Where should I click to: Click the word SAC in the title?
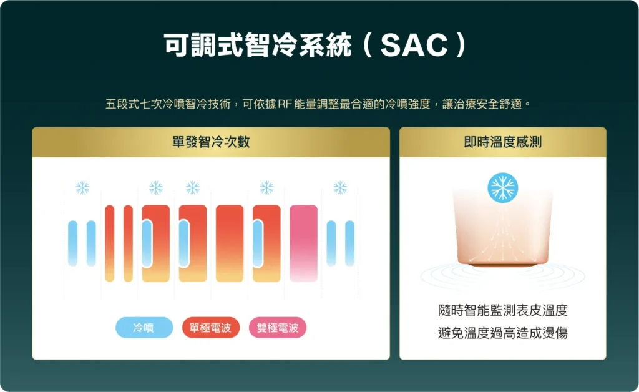[414, 45]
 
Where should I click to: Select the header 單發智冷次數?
[211, 142]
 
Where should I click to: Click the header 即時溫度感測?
[502, 142]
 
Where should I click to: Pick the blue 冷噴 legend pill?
[144, 328]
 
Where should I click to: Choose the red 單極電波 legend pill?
[211, 328]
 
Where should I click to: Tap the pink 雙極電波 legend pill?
[278, 328]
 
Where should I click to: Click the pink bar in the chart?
[304, 243]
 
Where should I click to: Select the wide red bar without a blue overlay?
[230, 243]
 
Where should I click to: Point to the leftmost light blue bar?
[73, 243]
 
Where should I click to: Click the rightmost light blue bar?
[349, 243]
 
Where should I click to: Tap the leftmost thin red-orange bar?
[110, 243]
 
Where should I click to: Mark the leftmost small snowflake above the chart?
[82, 188]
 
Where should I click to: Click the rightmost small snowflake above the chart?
[340, 188]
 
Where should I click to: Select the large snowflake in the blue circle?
[503, 188]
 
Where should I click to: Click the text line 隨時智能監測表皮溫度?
[503, 310]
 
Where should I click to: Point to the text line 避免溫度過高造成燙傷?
[503, 333]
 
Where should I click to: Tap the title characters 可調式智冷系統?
[258, 45]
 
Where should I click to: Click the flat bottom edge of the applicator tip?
[503, 265]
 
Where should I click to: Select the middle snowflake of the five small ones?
[193, 188]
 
